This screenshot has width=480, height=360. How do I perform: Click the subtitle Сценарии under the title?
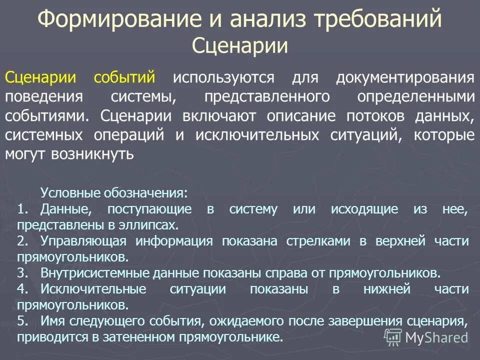pos(240,46)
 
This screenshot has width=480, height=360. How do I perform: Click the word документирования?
pos(404,78)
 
